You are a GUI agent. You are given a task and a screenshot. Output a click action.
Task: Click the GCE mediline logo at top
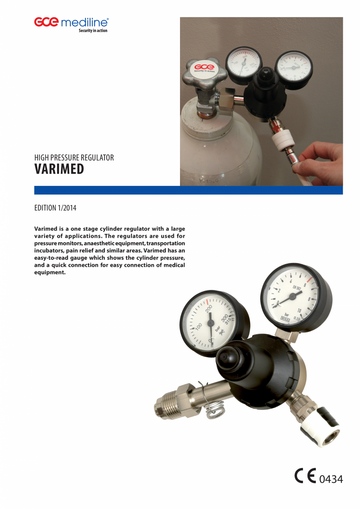71,22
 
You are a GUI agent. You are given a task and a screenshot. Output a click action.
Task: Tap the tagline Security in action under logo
93,31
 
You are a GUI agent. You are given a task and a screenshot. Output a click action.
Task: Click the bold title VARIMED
59,169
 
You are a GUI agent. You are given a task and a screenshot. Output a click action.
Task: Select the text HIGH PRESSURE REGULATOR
74,158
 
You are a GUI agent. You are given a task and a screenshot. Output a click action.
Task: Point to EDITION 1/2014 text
55,208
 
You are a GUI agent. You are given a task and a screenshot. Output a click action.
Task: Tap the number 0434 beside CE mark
331,479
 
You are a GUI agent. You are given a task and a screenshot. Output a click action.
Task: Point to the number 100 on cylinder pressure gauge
198,326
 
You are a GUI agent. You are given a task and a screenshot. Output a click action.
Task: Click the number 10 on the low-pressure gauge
299,311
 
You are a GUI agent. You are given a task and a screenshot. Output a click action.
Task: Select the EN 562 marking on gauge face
297,289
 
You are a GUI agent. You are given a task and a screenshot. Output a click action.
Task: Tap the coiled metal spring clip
212,411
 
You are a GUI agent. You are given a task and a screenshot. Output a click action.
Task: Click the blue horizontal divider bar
188,190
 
